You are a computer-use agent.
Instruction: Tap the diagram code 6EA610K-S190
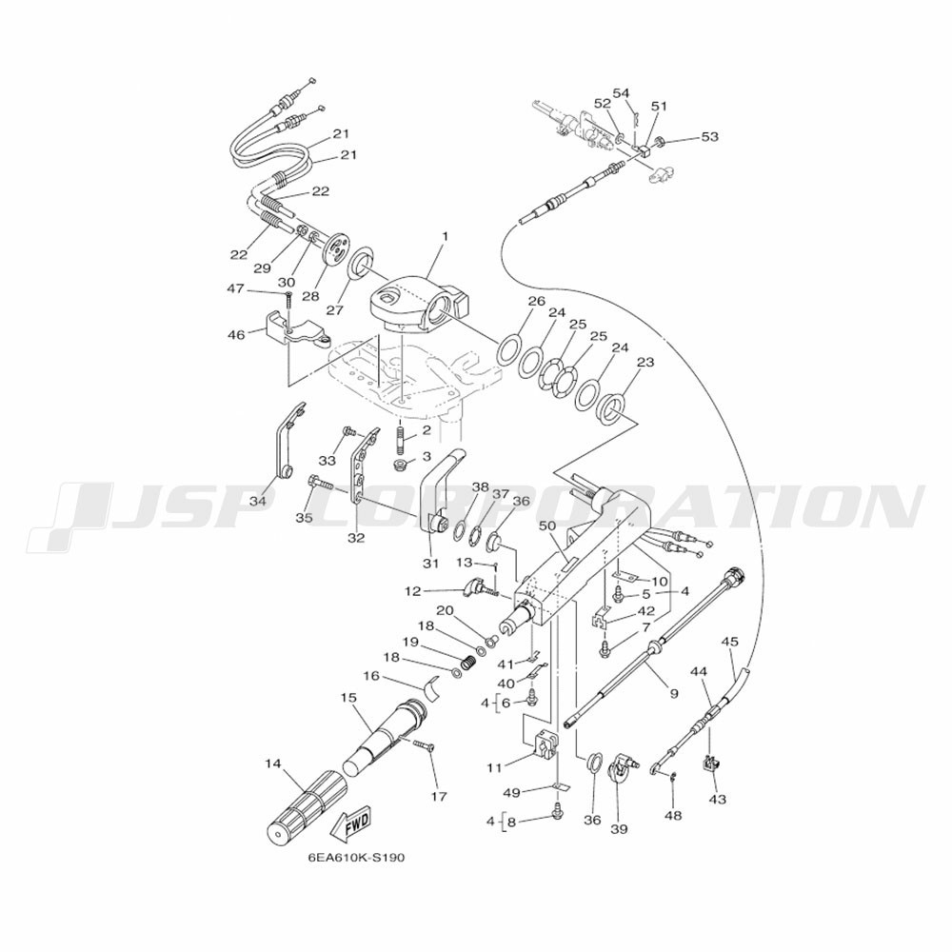(x=356, y=859)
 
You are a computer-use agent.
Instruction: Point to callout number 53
(x=709, y=137)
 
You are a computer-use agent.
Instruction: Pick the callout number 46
(x=236, y=334)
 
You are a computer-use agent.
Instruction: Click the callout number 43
(x=718, y=800)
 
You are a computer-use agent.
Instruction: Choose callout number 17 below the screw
(x=438, y=797)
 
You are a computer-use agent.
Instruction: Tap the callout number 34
(x=258, y=501)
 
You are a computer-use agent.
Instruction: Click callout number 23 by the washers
(x=645, y=363)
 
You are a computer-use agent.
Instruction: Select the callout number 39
(x=619, y=829)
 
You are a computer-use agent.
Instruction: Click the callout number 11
(x=494, y=768)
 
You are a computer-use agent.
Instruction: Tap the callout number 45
(x=730, y=642)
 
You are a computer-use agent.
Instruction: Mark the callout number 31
(x=430, y=564)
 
